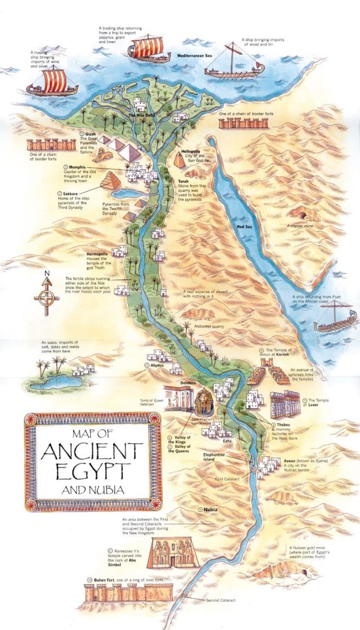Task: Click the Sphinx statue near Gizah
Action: coord(103,155)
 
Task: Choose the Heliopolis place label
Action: coord(191,149)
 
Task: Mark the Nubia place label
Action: coord(211,508)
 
